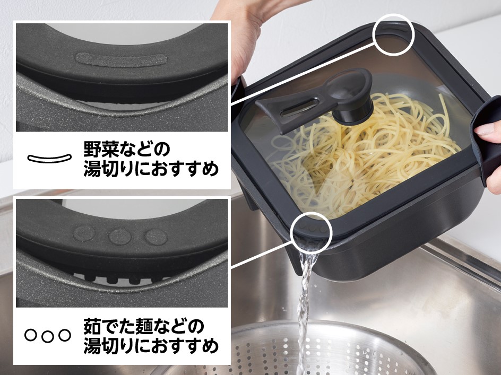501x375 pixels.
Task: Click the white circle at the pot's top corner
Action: point(393,34)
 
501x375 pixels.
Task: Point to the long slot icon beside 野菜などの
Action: point(49,158)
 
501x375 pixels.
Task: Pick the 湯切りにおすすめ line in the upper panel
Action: point(151,170)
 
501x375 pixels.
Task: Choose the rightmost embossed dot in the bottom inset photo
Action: point(157,237)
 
